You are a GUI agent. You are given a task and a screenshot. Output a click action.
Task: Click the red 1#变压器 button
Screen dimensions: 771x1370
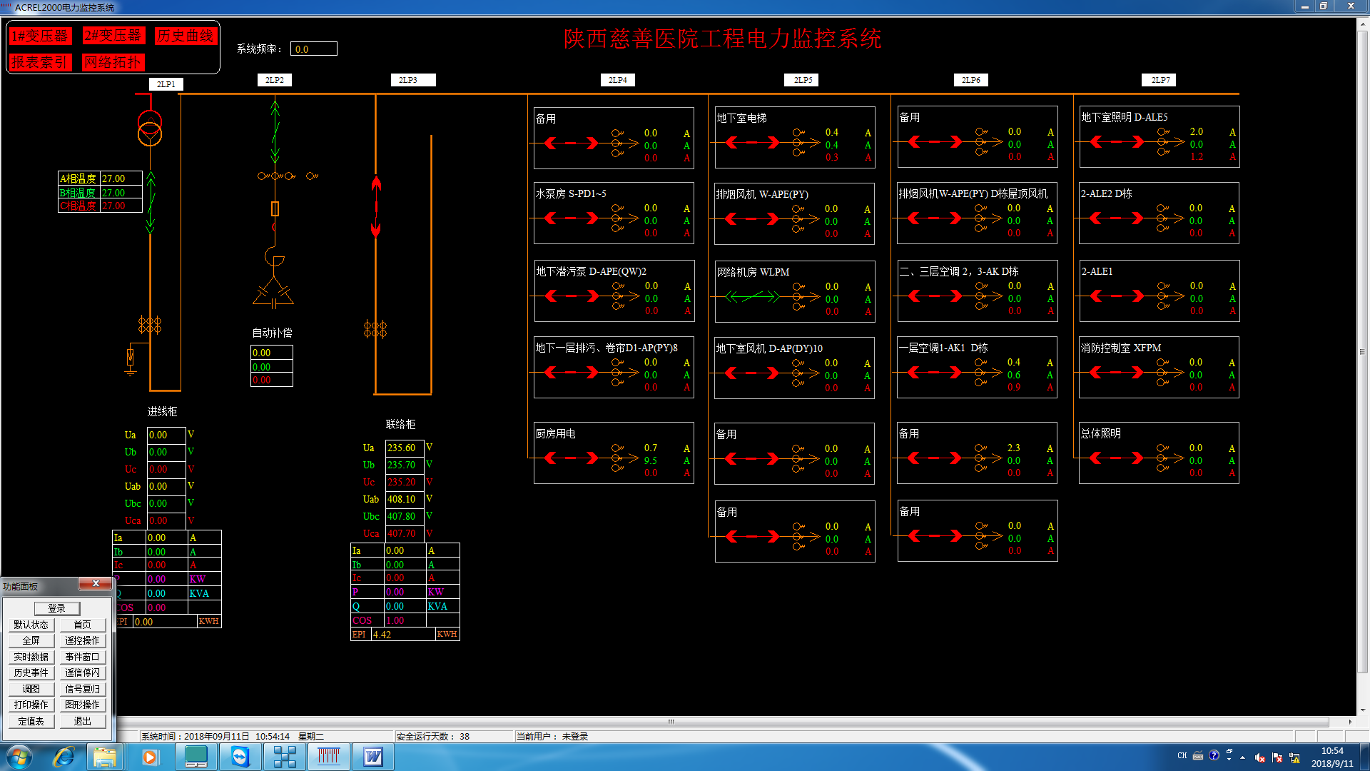(x=40, y=36)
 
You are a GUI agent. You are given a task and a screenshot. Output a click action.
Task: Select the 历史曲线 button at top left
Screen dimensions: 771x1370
(x=186, y=36)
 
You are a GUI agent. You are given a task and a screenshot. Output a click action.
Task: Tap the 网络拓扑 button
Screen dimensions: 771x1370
(x=113, y=62)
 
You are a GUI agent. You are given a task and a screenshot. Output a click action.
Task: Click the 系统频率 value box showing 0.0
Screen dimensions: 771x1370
(x=314, y=49)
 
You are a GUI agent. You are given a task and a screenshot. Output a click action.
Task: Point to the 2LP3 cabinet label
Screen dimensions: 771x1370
(x=408, y=80)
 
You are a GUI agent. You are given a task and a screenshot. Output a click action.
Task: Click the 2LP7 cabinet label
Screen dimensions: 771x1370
(x=1160, y=80)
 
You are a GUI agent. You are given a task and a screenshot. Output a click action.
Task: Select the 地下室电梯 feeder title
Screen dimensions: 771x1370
(x=741, y=118)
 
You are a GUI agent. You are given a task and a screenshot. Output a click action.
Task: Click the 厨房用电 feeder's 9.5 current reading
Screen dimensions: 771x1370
(x=650, y=460)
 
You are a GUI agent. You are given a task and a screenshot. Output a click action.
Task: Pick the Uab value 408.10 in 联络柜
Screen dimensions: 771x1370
(x=402, y=499)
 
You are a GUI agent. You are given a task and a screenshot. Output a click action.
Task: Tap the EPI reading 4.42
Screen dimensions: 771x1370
(x=382, y=634)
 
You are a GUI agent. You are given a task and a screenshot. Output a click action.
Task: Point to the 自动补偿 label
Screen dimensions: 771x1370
(x=272, y=333)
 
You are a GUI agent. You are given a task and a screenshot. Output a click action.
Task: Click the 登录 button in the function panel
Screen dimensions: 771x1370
(x=57, y=608)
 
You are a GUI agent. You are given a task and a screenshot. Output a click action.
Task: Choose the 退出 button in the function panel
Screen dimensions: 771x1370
(x=83, y=721)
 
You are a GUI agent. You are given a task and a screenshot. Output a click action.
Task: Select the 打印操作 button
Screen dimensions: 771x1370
(x=31, y=705)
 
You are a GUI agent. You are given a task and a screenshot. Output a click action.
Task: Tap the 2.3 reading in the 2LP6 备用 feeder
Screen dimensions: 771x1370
(x=1013, y=448)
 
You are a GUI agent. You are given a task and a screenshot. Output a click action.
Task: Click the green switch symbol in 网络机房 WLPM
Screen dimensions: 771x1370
(x=752, y=296)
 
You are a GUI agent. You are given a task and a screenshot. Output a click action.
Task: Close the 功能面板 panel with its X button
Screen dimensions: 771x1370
(x=96, y=584)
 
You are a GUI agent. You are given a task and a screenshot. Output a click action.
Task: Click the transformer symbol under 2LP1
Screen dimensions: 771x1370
(x=150, y=128)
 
